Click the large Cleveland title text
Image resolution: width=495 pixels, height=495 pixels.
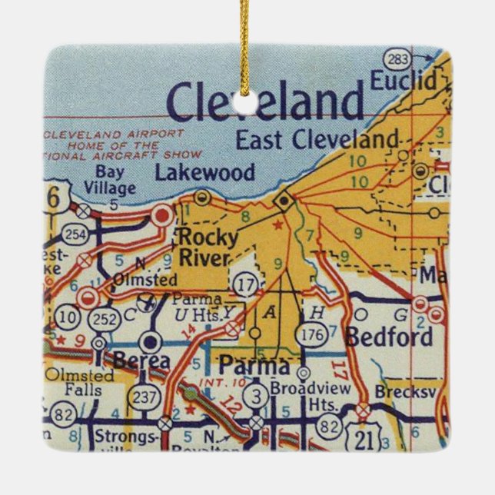[266, 102]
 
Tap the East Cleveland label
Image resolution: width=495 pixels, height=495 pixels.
[317, 139]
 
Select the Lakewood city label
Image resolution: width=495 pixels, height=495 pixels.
[204, 171]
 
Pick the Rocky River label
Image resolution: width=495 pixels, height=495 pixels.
[204, 246]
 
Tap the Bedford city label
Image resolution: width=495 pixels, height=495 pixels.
[389, 337]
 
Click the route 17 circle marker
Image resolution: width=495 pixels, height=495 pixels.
[245, 284]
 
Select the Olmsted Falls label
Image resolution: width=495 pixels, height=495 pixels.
[78, 383]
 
